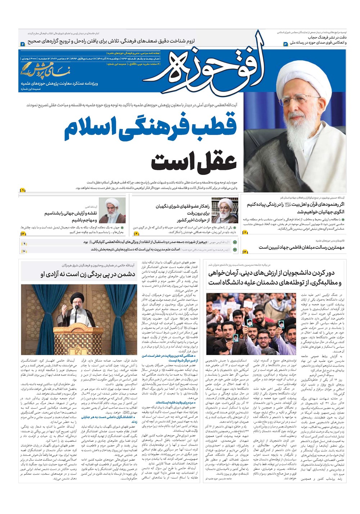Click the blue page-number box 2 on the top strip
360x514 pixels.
pyautogui.click(x=22, y=44)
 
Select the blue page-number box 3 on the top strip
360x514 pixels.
pyautogui.click(x=286, y=44)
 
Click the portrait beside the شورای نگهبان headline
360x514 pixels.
pyautogui.click(x=225, y=211)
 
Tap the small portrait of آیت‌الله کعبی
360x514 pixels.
pyautogui.click(x=112, y=210)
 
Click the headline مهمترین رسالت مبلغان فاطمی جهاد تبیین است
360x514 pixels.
pyautogui.click(x=301, y=247)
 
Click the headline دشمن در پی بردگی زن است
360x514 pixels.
pyautogui.click(x=88, y=275)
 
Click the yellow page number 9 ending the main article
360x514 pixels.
pyautogui.click(x=22, y=190)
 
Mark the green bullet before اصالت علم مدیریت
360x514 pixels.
pyautogui.click(x=235, y=249)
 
